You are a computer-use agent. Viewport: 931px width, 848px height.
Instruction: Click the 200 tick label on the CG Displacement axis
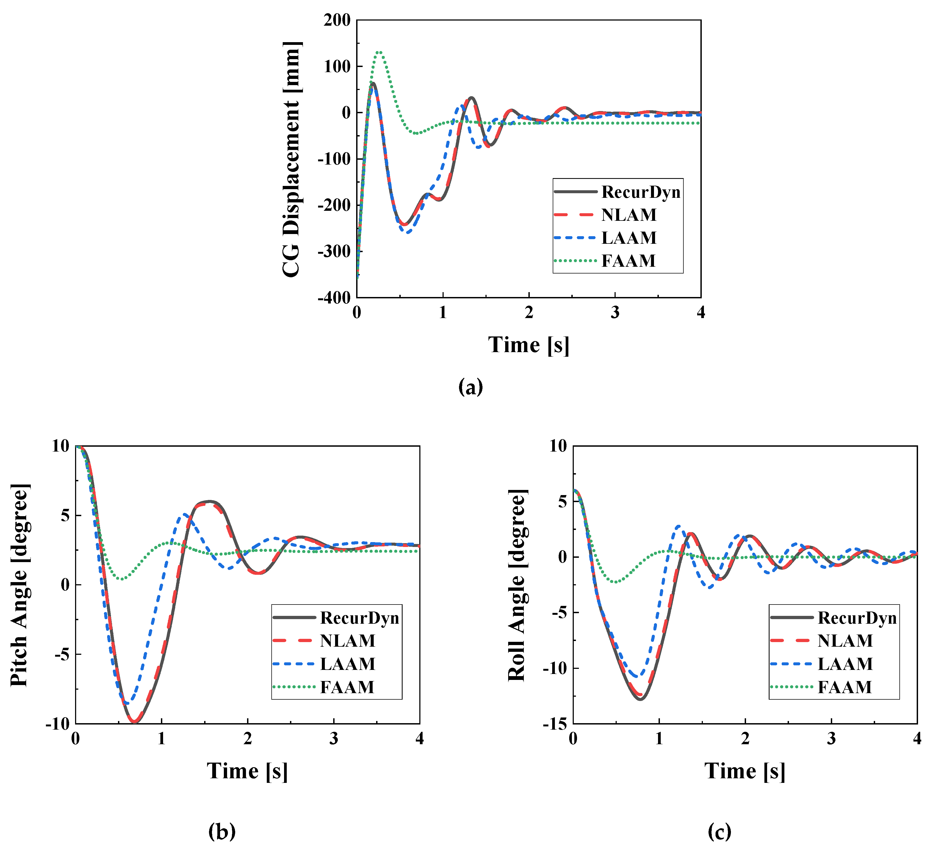[x=337, y=20]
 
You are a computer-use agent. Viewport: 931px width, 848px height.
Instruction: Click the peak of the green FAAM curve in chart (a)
[x=379, y=52]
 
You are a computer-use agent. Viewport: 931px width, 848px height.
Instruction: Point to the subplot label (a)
[x=470, y=387]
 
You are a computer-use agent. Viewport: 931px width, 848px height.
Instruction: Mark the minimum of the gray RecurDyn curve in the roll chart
[x=641, y=699]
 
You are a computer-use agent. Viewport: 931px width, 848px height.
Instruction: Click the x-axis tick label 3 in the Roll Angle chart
[x=831, y=739]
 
